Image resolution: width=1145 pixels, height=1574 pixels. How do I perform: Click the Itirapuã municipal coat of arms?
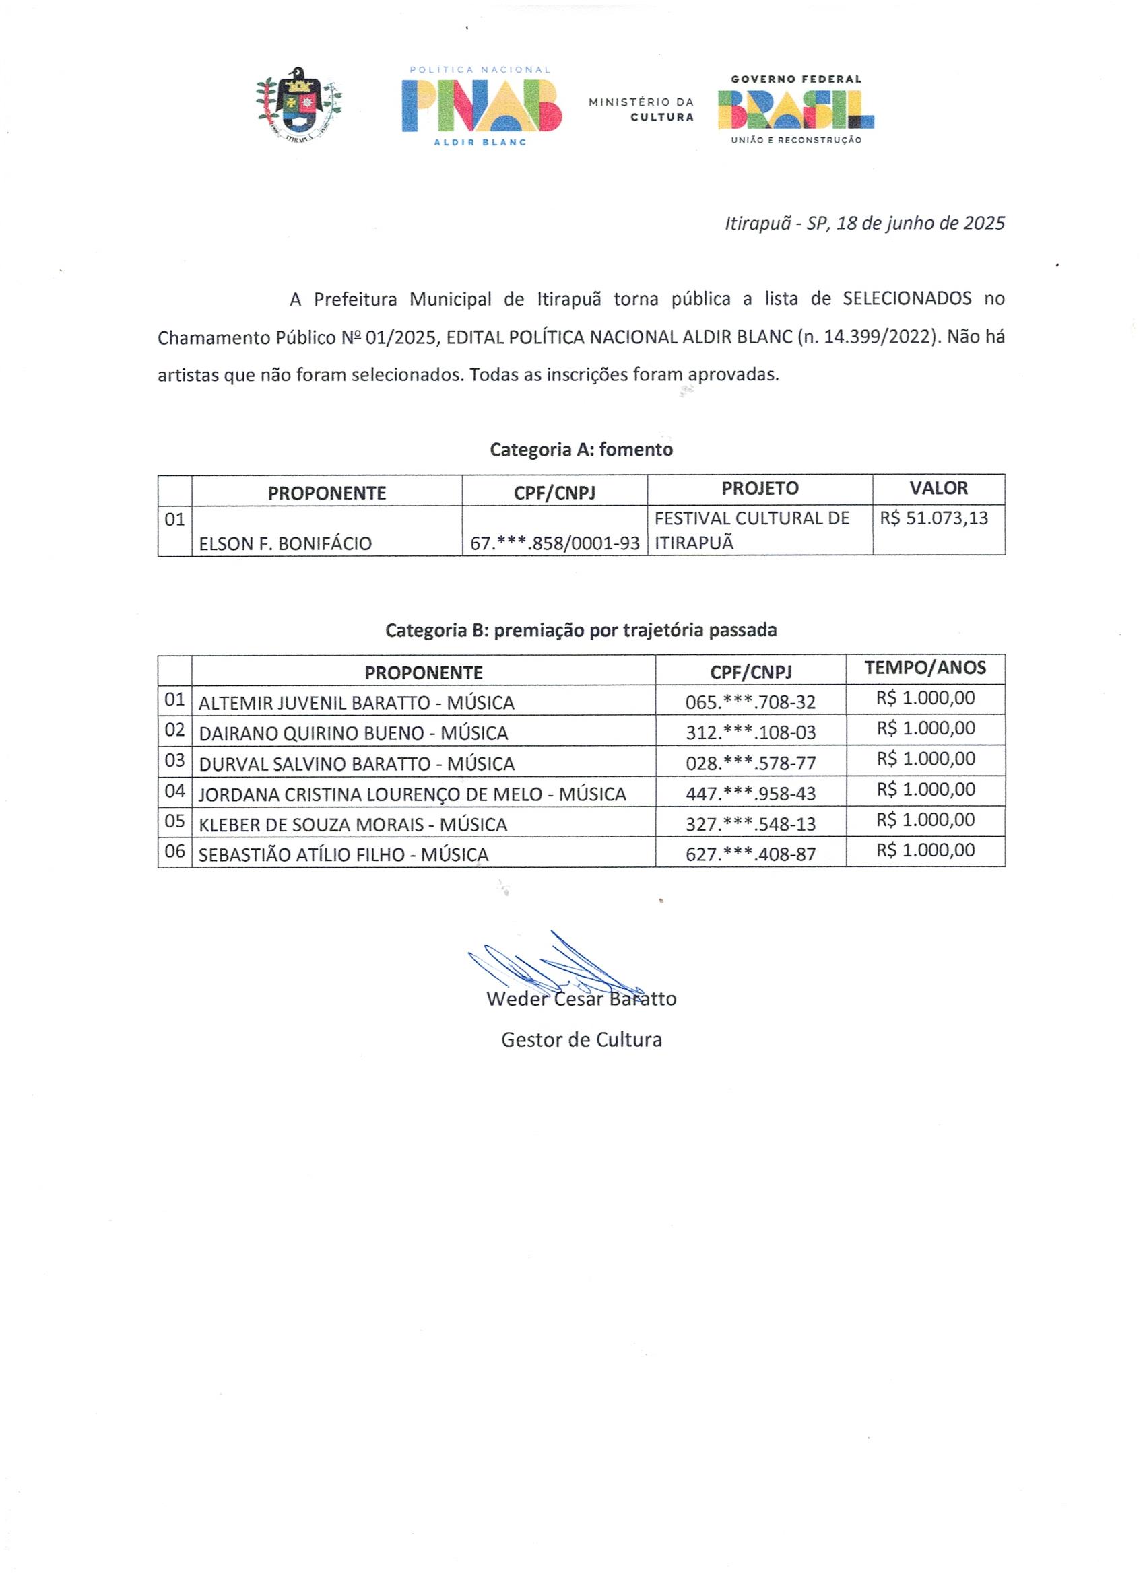point(299,104)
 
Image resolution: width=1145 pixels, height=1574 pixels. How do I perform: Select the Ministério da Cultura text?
point(641,110)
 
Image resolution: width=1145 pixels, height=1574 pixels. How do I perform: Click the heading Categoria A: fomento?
point(581,450)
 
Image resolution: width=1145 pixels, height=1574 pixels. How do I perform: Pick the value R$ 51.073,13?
point(934,518)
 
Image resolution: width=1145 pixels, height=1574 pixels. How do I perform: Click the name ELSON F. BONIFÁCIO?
point(286,543)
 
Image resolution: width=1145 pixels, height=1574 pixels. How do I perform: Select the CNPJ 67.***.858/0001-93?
point(555,543)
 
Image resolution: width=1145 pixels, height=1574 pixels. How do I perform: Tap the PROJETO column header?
point(760,489)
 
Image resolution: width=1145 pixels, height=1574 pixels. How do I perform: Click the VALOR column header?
point(938,489)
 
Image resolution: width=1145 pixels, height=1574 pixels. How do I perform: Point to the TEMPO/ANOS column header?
point(925,668)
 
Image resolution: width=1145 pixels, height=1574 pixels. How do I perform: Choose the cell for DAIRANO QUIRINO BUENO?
point(354,733)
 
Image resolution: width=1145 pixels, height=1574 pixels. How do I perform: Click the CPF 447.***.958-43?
point(750,793)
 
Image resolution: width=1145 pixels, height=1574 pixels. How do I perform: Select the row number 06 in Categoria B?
point(174,851)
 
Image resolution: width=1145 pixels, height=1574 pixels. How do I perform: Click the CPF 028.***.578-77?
point(750,763)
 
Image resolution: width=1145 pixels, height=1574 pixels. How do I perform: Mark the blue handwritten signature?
point(556,965)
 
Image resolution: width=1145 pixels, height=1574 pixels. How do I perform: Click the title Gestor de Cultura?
point(581,1039)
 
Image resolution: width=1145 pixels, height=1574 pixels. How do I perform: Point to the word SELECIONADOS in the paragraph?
point(907,299)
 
